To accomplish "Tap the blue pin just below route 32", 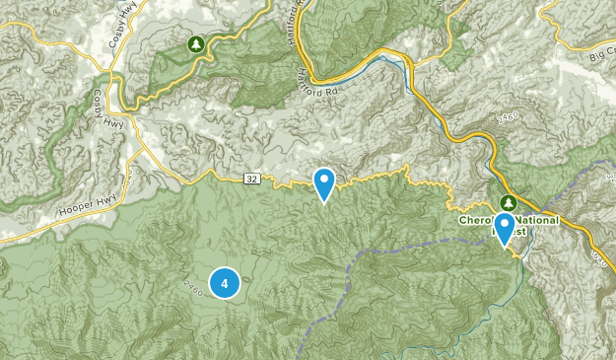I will tap(324, 183).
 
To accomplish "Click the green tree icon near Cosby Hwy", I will tap(195, 44).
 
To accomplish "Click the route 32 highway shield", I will tap(252, 179).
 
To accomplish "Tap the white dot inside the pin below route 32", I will tap(324, 180).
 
